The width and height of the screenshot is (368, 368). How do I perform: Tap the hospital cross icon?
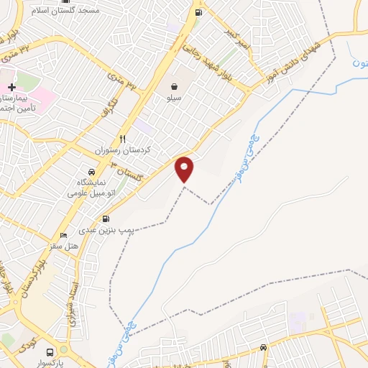coord(11,87)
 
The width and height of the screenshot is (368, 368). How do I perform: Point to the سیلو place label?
coord(175,97)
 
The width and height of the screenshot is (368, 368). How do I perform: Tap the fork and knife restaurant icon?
coord(123,139)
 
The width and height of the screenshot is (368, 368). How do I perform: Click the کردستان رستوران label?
coord(123,151)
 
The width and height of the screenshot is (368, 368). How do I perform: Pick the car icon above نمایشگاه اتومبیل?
coord(91,172)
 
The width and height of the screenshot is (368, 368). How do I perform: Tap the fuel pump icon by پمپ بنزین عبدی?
coord(106,218)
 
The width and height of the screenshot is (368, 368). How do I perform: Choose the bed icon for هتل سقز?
coord(63,235)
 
